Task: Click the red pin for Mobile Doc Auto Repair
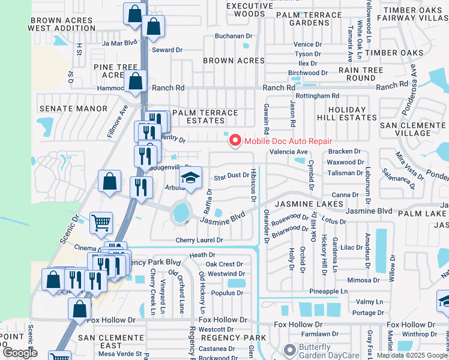click(234, 140)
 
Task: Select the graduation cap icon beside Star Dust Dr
click(190, 178)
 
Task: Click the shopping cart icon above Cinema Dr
click(101, 223)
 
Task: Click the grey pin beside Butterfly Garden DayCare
click(290, 349)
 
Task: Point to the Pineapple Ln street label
click(328, 291)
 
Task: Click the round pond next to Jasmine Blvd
click(179, 212)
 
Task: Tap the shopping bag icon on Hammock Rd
click(136, 81)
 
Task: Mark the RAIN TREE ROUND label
click(361, 74)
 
